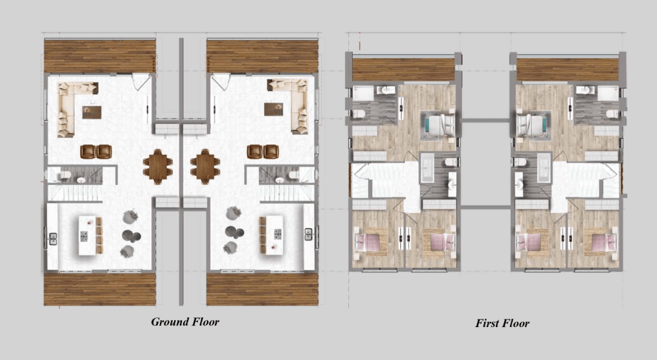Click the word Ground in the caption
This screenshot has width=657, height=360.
[x=169, y=321]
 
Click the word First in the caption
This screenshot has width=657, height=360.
[x=488, y=323]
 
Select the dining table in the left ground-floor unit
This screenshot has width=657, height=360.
[x=156, y=165]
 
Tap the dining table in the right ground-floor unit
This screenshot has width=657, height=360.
[x=205, y=165]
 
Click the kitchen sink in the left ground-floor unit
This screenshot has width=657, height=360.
[x=52, y=238]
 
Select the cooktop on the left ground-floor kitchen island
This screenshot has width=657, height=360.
[x=85, y=223]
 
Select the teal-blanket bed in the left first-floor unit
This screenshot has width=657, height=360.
[x=438, y=125]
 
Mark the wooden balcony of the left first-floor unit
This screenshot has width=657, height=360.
[x=403, y=69]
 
